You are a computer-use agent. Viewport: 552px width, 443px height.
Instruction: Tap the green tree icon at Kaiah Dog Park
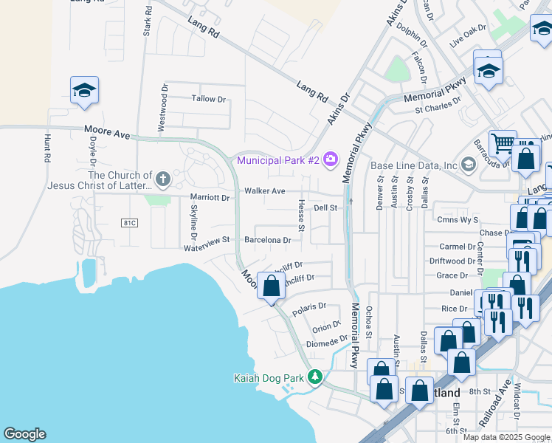click(315, 377)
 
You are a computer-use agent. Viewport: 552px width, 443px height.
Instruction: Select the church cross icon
click(163, 179)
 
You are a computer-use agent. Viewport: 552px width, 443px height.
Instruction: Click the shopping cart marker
click(503, 142)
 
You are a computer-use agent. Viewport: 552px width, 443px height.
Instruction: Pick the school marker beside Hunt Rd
click(84, 90)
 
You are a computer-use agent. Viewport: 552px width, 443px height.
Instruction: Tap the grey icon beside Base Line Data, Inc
click(467, 164)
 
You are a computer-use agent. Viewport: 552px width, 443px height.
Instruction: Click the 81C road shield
click(129, 222)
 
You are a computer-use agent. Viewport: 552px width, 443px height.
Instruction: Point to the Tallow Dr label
click(209, 98)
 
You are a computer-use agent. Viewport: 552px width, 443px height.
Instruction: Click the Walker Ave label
click(265, 190)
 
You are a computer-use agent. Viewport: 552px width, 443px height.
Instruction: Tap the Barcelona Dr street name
click(268, 240)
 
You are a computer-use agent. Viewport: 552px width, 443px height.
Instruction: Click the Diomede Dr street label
click(328, 340)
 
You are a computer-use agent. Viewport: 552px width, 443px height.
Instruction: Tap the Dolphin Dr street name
click(412, 34)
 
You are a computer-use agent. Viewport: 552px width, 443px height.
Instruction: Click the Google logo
click(24, 434)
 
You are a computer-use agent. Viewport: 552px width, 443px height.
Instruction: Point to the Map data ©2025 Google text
click(506, 437)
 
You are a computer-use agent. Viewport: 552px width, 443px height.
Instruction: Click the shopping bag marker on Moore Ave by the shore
click(271, 286)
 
